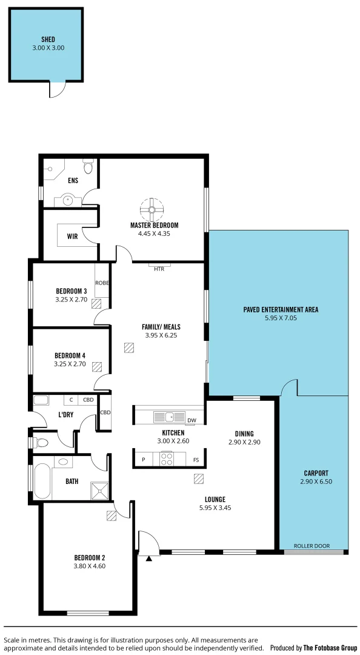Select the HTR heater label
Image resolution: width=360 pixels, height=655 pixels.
pos(159,269)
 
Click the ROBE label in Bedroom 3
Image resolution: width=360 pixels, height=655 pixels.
pos(102,283)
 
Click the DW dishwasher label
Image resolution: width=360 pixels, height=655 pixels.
pos(192,420)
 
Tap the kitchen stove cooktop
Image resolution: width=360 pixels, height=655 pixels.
pos(167,459)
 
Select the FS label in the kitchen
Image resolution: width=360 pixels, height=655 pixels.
pos(196,460)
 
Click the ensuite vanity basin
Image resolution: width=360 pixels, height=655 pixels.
pos(68,200)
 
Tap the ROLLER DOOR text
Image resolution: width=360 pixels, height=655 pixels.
pos(312,546)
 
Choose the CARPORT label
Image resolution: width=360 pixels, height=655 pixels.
pos(316,473)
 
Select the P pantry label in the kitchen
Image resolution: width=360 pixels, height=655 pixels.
pos(143,460)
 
